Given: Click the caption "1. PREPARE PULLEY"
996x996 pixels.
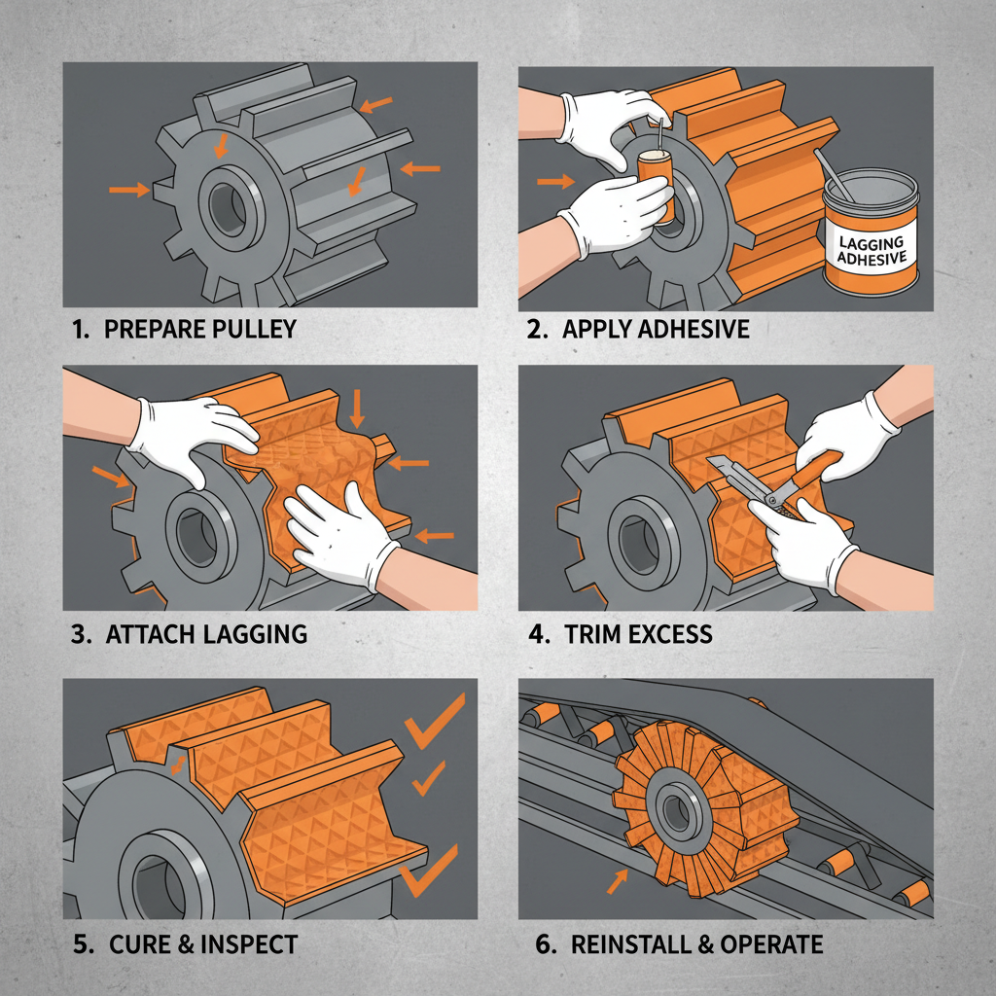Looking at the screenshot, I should tap(185, 329).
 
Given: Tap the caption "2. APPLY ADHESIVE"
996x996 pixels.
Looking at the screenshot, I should tap(638, 329).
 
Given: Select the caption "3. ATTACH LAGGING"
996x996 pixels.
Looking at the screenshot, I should tap(191, 635).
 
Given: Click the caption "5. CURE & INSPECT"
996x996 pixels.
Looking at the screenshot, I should tap(186, 943).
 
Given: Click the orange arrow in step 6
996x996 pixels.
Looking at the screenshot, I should tap(616, 881).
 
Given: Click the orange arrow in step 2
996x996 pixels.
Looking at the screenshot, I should tap(555, 180).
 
